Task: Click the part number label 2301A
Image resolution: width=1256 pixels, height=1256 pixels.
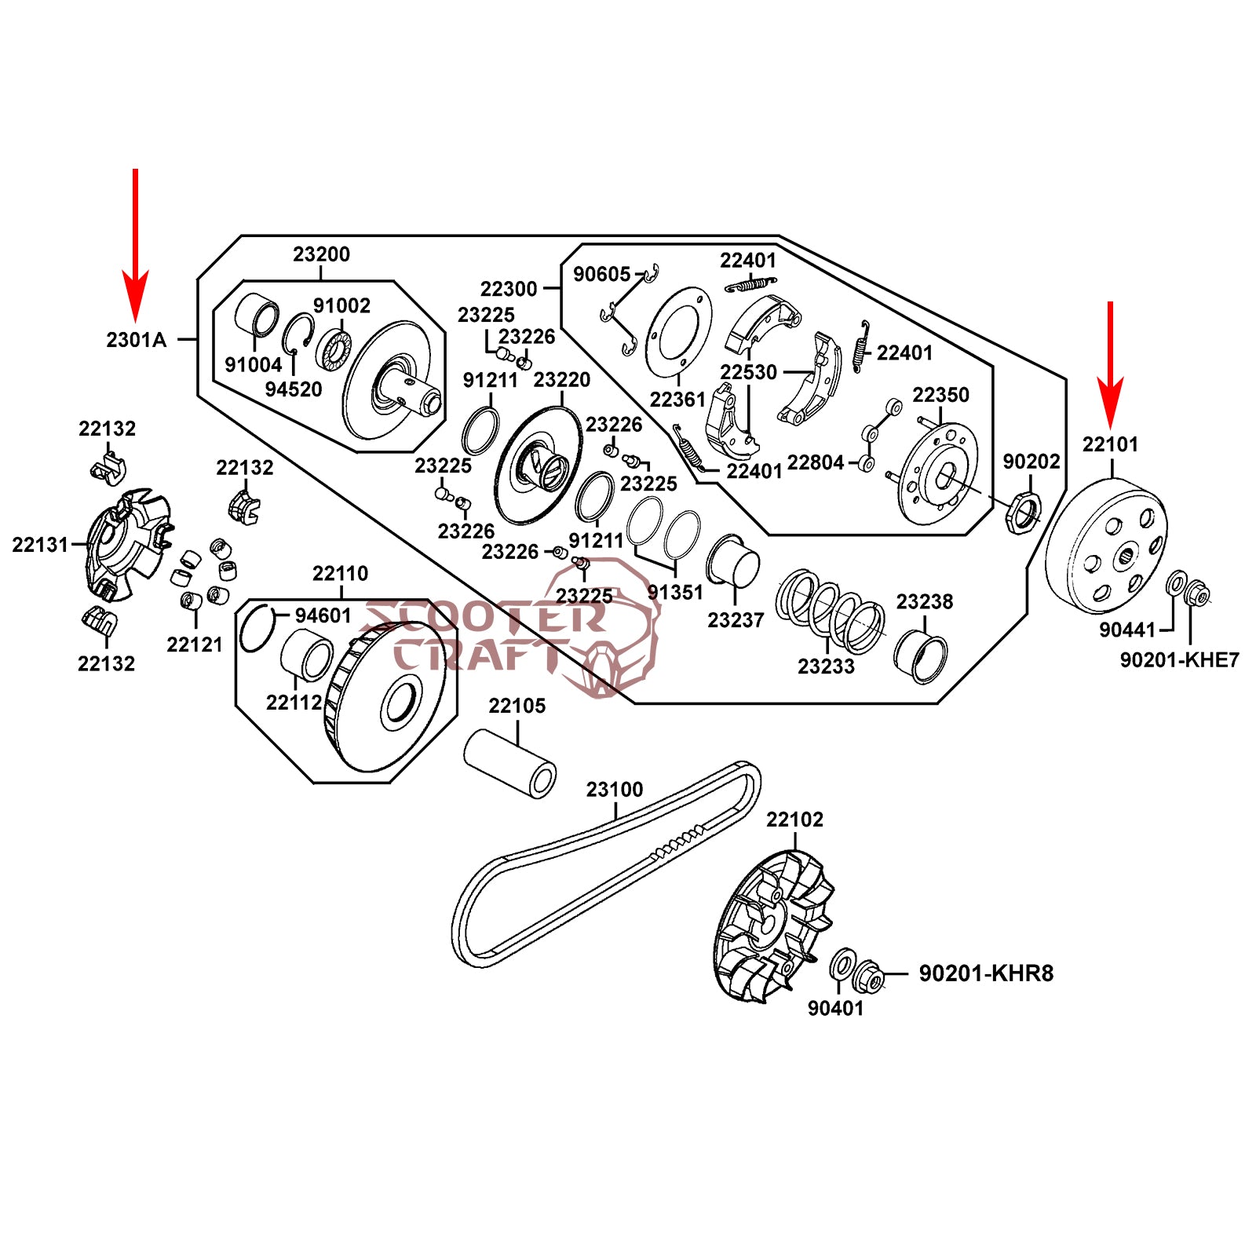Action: point(137,340)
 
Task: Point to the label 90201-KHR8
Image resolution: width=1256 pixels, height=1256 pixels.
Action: point(986,973)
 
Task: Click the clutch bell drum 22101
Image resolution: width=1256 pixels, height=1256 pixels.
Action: point(1107,549)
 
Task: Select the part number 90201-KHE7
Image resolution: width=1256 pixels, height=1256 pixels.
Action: point(1179,660)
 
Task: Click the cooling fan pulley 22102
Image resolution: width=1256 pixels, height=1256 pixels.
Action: point(777,926)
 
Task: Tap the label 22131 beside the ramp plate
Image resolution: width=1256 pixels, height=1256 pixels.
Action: point(40,544)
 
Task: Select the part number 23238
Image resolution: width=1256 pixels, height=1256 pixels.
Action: point(925,602)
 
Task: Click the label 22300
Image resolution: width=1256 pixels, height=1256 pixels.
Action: point(509,289)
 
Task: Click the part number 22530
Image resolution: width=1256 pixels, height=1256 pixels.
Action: point(749,372)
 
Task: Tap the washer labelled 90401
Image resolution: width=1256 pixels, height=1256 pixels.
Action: point(843,964)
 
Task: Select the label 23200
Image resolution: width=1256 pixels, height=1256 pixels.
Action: point(321,254)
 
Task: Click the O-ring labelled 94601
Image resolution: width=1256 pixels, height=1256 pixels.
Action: point(257,629)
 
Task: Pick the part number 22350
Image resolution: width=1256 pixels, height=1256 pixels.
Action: point(940,395)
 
